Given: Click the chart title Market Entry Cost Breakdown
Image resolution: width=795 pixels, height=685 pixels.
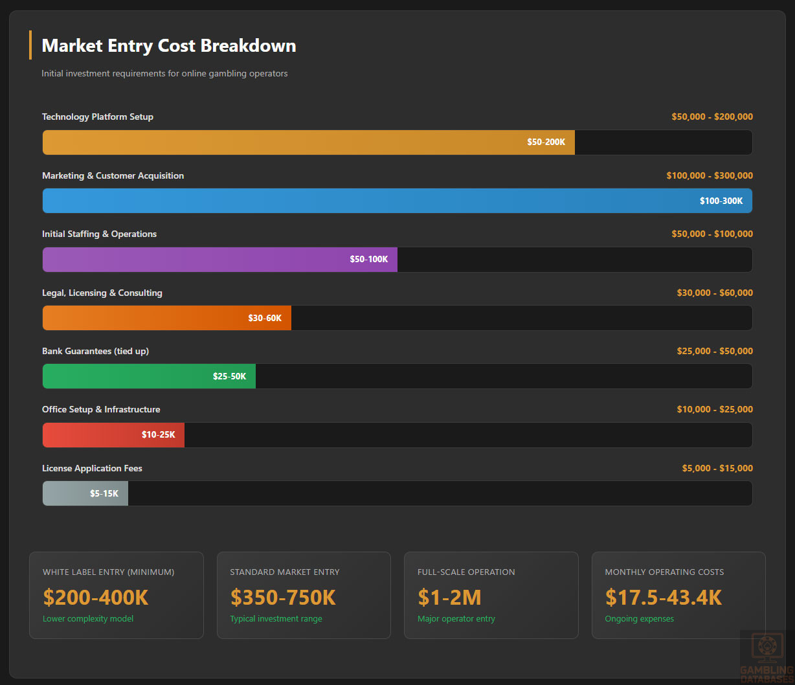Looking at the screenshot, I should click(169, 46).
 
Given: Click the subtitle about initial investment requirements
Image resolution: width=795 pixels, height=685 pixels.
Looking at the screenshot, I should click(164, 74).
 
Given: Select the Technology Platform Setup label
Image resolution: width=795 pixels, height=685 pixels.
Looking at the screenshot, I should click(98, 117).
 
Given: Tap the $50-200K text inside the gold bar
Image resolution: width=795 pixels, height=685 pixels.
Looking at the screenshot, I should click(546, 142).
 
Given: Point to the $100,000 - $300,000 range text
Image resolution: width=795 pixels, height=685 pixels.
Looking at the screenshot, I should click(710, 175).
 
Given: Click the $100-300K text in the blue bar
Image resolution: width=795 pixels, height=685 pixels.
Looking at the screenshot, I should click(721, 201).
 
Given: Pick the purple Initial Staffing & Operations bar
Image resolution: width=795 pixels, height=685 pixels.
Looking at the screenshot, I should click(219, 260).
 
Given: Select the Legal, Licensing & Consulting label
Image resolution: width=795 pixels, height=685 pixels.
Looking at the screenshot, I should click(102, 293).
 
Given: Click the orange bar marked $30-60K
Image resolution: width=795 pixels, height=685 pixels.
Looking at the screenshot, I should click(166, 318).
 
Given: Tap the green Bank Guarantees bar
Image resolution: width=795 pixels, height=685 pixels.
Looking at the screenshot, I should click(149, 376).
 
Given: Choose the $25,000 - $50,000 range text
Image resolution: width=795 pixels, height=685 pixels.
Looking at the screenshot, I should click(715, 351).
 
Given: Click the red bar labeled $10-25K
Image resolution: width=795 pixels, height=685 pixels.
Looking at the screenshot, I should click(113, 435).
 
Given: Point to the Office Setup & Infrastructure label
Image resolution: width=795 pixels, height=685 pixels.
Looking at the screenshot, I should click(101, 409).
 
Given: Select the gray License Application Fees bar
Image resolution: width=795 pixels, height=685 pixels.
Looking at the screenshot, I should click(85, 493).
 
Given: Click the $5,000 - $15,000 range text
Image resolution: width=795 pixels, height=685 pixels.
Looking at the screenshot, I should click(717, 468).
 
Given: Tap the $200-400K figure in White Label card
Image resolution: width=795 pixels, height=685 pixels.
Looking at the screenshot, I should click(96, 597).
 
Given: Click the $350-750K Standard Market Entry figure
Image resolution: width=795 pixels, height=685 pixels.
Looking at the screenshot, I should click(283, 597).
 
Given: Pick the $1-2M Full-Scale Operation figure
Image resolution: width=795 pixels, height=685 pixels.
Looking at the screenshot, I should click(449, 597).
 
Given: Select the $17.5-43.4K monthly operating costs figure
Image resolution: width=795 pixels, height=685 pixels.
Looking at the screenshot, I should click(663, 597).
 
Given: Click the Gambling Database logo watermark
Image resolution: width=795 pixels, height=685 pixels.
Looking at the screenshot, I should click(766, 655).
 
